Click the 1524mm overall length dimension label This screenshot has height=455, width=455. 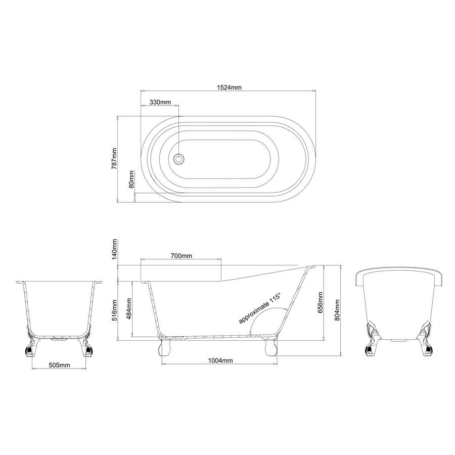[x=229, y=87]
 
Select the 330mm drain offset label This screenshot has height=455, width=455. [x=160, y=102]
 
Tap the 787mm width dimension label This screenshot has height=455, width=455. [x=114, y=159]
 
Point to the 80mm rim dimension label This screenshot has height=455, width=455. [x=131, y=179]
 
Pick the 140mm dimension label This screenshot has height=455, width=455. [x=114, y=249]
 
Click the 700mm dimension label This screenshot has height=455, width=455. [x=181, y=256]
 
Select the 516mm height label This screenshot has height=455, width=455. [x=114, y=310]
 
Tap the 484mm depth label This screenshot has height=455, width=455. [x=129, y=308]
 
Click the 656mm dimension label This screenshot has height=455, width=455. [x=321, y=302]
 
